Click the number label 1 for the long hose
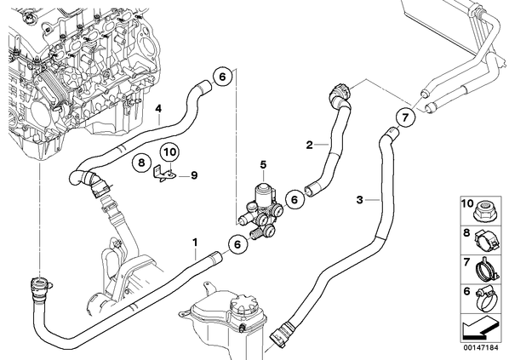click(x=195, y=243)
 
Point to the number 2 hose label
click(x=310, y=145)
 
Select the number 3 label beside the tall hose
click(x=359, y=200)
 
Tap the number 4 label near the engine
click(x=158, y=109)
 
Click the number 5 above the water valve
click(x=263, y=164)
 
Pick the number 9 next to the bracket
click(x=194, y=175)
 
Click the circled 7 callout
click(x=405, y=117)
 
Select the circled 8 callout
click(x=141, y=162)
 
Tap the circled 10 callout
click(x=169, y=151)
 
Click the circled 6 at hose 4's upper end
click(x=222, y=77)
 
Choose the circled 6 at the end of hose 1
click(x=237, y=244)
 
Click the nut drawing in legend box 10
click(x=483, y=210)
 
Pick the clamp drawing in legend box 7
click(x=486, y=271)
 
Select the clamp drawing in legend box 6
click(x=486, y=300)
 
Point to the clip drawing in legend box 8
click(x=486, y=241)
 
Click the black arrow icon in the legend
click(x=480, y=329)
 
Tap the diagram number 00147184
click(x=480, y=348)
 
